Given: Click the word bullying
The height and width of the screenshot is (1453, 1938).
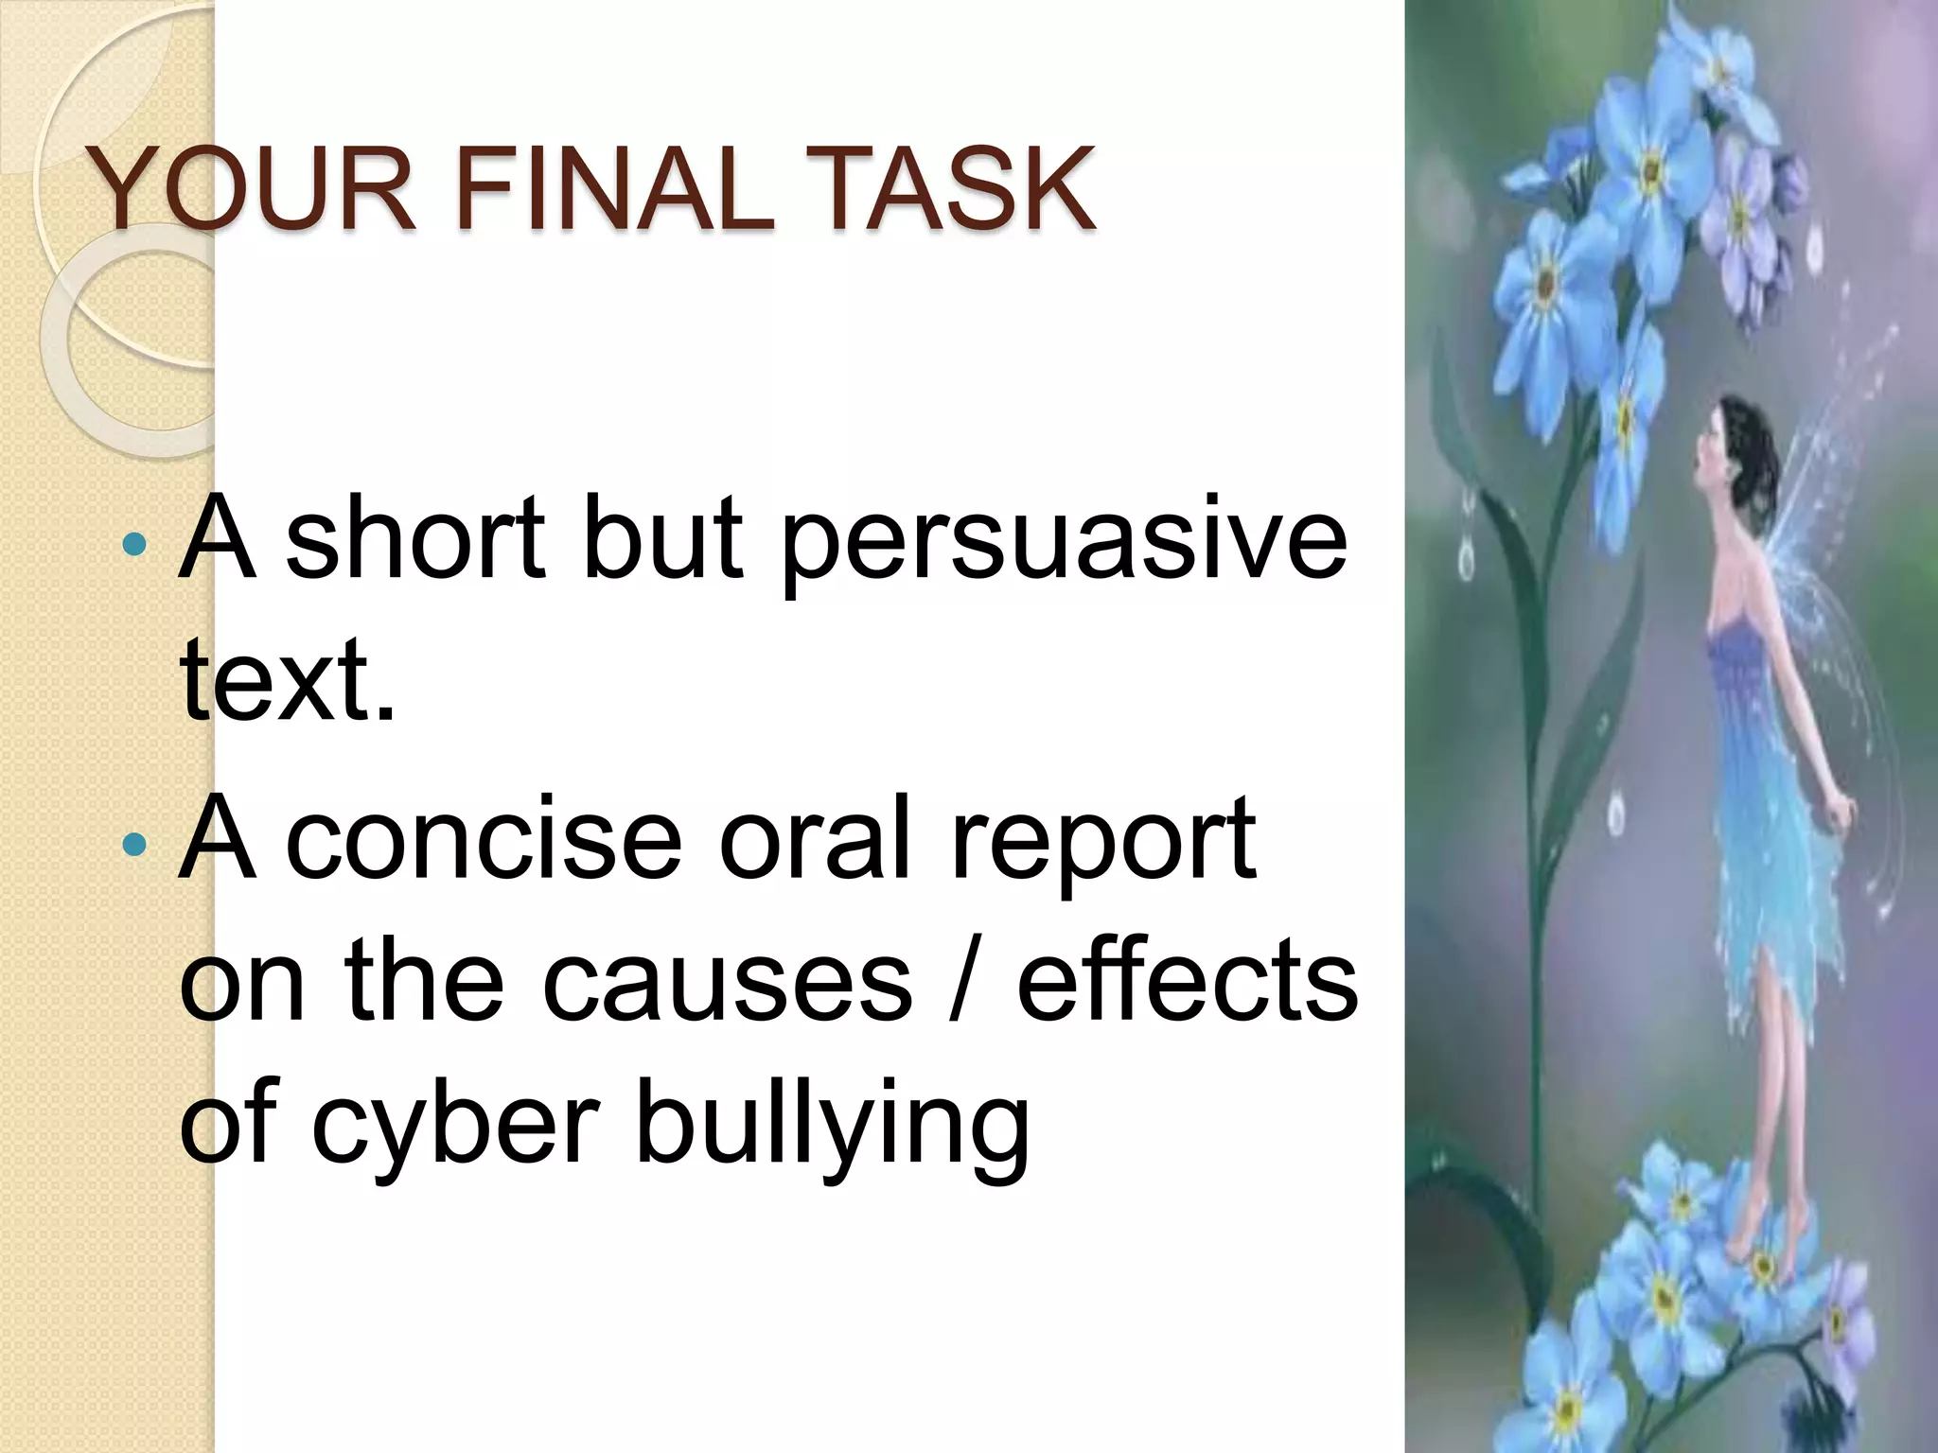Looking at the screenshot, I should [x=833, y=1130].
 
